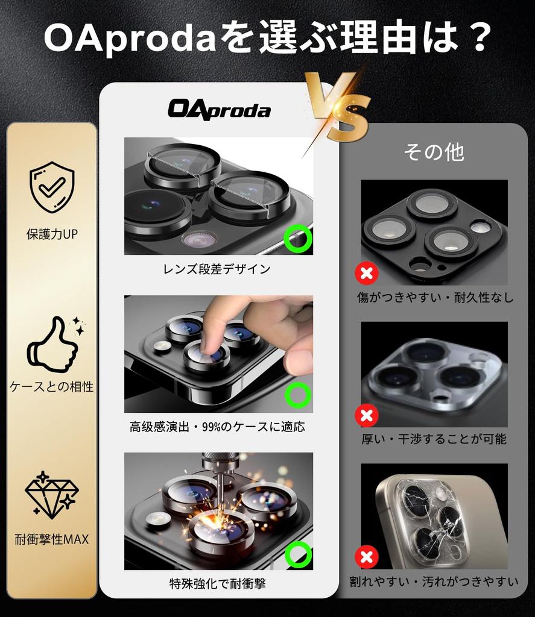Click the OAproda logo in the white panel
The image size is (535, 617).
pos(219,110)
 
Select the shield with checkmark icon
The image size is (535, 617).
pos(52,187)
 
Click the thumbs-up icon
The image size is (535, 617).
pos(53,345)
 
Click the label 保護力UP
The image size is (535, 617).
pos(52,234)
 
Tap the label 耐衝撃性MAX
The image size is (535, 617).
pos(52,539)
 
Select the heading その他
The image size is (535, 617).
pos(434,152)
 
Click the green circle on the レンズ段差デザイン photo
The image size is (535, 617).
pos(298,237)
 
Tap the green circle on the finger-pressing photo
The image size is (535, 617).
pos(297,395)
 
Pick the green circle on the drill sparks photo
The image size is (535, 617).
pos(298,554)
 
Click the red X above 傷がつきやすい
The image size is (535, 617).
pos(366,274)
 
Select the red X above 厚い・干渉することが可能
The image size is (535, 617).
pos(366,415)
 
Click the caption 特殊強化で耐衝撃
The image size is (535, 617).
pos(218,583)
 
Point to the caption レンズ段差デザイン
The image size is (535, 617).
pos(217,269)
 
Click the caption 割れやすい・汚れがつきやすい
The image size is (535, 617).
pos(434,581)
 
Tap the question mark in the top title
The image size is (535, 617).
pos(477,39)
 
